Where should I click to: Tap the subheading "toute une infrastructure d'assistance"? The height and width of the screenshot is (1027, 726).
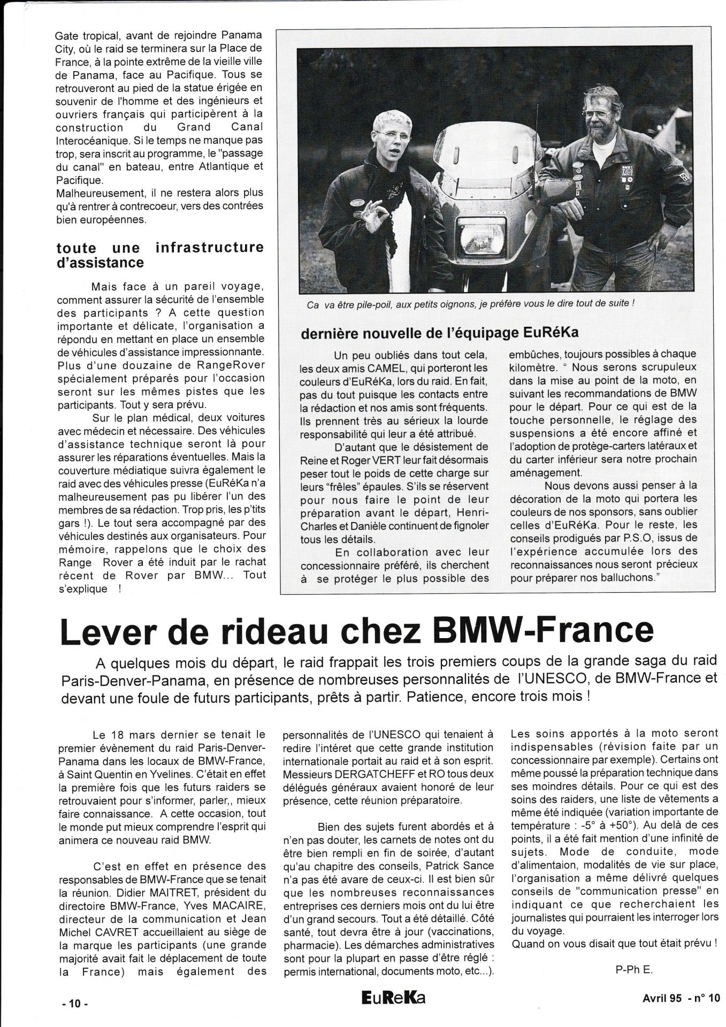click(x=159, y=255)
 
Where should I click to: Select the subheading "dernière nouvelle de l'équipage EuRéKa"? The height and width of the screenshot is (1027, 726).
click(x=440, y=332)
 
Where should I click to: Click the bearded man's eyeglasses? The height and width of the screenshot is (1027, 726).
click(x=595, y=113)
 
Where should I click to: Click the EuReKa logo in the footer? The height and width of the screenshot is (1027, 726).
click(x=393, y=997)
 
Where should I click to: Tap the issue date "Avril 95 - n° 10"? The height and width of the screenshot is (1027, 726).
click(x=682, y=998)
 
